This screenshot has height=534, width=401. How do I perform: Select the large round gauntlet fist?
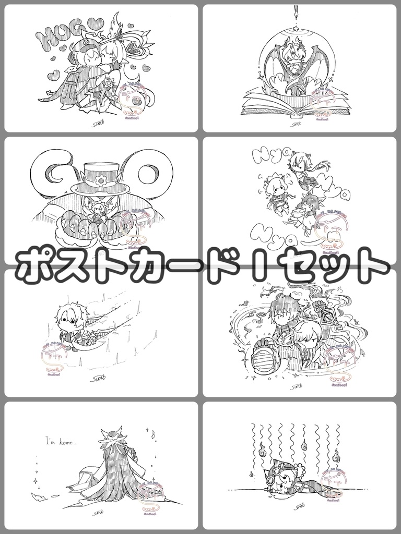(268, 355)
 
